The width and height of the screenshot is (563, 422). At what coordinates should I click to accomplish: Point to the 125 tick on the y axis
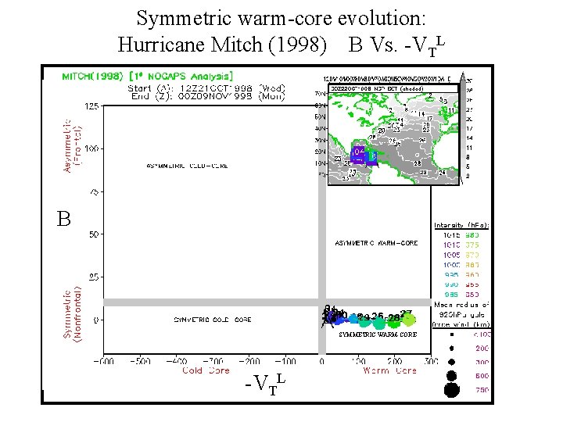pyautogui.click(x=91, y=105)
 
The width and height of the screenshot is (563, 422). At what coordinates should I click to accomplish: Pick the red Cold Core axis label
pyautogui.click(x=206, y=370)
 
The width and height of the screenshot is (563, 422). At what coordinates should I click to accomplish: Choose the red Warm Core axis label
pyautogui.click(x=389, y=370)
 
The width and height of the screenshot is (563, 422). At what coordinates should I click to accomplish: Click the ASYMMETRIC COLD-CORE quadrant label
pyautogui.click(x=188, y=166)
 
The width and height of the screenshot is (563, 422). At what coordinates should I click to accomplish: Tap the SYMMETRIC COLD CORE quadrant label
pyautogui.click(x=212, y=320)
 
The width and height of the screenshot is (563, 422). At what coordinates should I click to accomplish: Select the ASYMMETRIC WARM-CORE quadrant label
pyautogui.click(x=376, y=243)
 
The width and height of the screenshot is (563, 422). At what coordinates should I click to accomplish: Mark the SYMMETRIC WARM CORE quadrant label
pyautogui.click(x=378, y=334)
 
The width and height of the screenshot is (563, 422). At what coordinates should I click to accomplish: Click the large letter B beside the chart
pyautogui.click(x=63, y=220)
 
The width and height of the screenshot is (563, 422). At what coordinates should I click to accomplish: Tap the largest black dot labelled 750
pyautogui.click(x=451, y=389)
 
